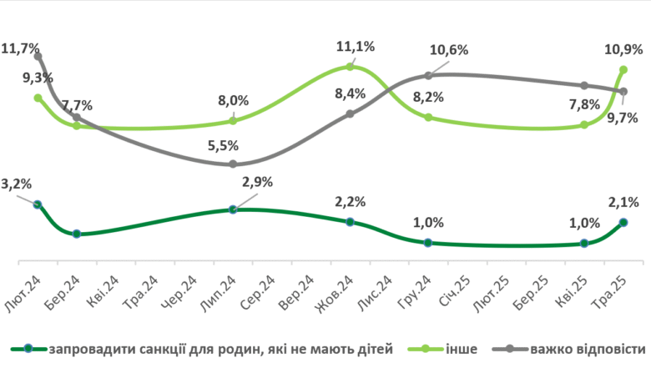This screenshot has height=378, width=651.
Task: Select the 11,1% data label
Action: (356, 47)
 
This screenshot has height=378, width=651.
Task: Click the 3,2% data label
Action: (17, 184)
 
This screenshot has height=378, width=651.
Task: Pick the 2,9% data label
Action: (256, 182)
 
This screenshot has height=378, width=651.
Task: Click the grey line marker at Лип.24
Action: (233, 164)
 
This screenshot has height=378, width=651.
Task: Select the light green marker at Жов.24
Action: (350, 67)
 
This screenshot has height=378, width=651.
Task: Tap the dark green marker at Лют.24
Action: (38, 204)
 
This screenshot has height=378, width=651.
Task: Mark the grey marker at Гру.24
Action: (428, 77)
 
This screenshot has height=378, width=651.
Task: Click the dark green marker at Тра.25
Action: (623, 222)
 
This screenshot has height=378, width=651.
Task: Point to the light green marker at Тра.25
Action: (623, 70)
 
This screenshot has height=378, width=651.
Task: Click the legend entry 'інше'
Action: (460, 349)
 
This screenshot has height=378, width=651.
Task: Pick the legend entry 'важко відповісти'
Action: (588, 349)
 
